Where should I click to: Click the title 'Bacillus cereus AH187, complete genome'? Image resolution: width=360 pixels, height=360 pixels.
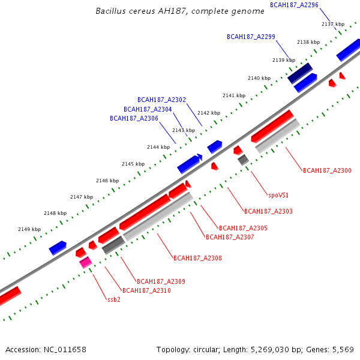click(x=179, y=11)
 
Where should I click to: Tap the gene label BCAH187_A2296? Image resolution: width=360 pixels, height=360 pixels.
click(x=294, y=5)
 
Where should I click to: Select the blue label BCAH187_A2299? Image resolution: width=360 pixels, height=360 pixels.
click(x=251, y=37)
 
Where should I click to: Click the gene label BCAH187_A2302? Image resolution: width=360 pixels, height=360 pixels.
click(x=161, y=100)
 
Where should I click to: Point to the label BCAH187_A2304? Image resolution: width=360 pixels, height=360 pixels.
click(x=148, y=109)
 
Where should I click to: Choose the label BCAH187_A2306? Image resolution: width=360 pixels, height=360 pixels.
click(x=134, y=119)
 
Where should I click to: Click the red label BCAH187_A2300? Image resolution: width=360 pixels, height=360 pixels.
click(x=327, y=171)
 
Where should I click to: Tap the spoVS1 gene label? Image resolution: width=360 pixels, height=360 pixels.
click(x=278, y=195)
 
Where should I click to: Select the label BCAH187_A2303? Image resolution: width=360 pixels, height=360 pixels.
click(x=268, y=211)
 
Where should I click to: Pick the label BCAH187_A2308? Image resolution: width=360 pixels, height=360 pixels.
click(x=197, y=259)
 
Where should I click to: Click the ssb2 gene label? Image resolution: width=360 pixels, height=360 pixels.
click(x=114, y=299)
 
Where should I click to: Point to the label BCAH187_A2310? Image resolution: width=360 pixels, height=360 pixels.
click(x=146, y=290)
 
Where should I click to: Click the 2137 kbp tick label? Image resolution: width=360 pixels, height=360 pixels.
click(x=333, y=24)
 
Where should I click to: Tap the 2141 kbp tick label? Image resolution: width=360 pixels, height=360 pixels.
click(x=234, y=95)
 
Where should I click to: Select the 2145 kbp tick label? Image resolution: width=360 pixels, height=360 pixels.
click(x=133, y=164)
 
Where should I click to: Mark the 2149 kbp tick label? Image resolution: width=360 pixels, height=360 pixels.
click(x=29, y=229)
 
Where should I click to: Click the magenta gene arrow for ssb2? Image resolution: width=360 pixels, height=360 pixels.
click(x=85, y=262)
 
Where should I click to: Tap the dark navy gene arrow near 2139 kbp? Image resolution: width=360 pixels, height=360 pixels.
click(x=300, y=73)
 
